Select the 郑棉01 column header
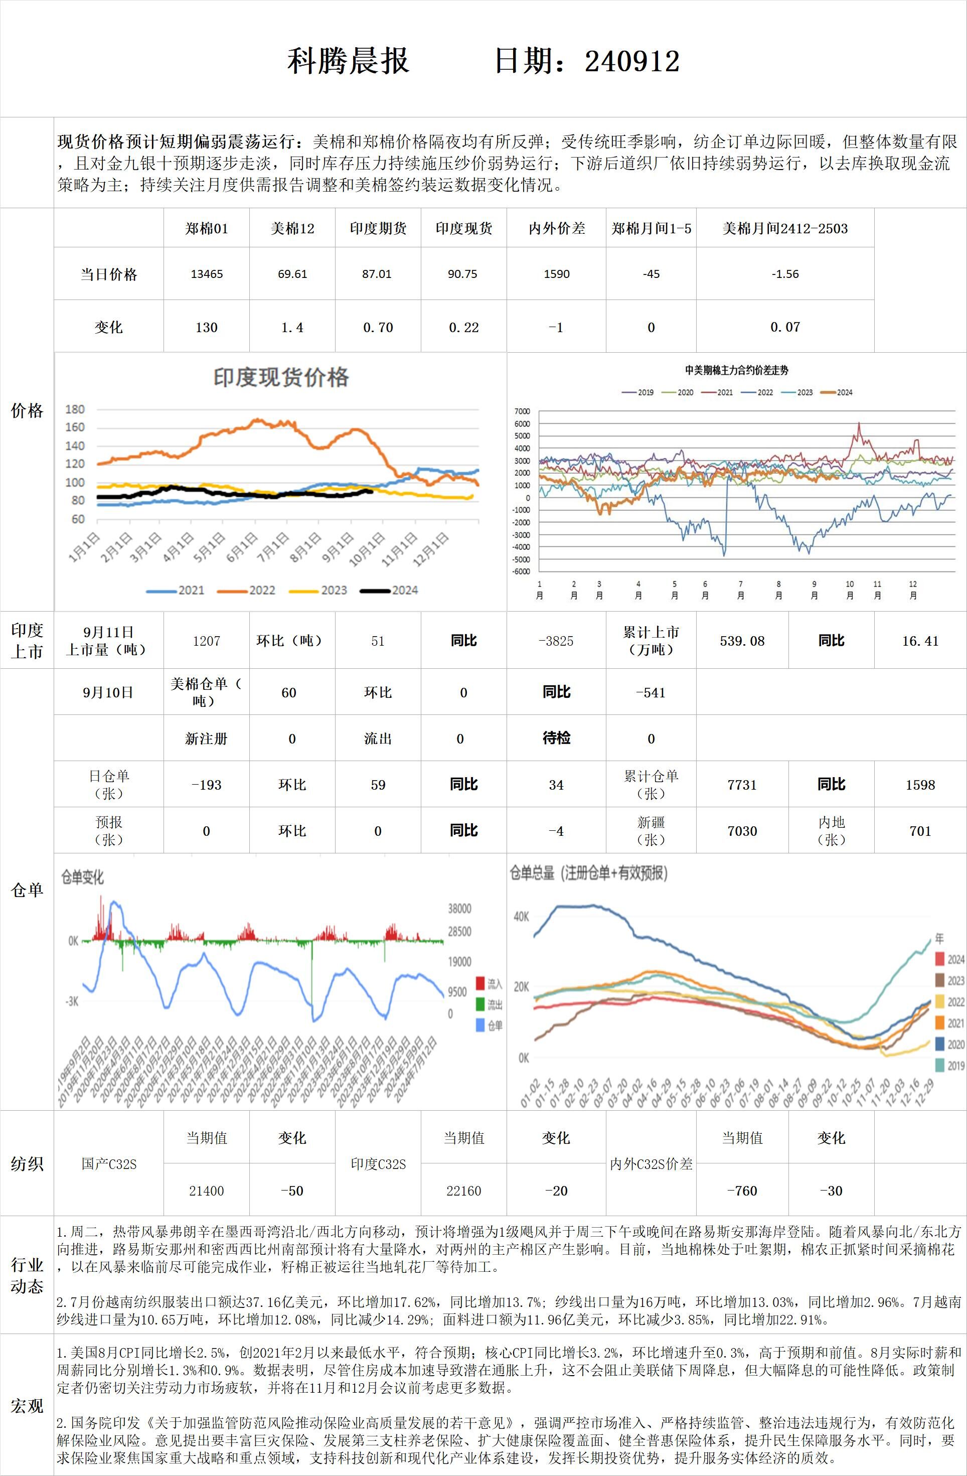pos(207,228)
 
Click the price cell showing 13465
pos(207,274)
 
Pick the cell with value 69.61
pos(292,274)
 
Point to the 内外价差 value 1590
pos(556,274)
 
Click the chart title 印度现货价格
pos(281,377)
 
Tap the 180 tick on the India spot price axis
pos(75,409)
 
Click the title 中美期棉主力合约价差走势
pos(736,370)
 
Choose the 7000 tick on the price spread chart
pos(522,411)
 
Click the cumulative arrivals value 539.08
pos(742,641)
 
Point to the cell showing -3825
pos(556,641)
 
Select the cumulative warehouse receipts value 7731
pos(742,785)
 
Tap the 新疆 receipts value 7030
pos(742,831)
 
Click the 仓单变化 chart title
pos(82,877)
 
